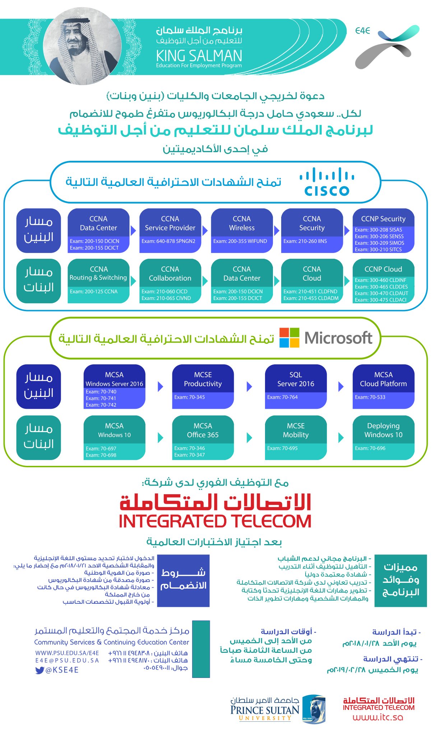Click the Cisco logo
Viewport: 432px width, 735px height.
coord(327,182)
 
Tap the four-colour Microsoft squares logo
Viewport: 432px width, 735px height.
coord(289,338)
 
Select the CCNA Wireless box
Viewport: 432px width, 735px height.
coord(242,230)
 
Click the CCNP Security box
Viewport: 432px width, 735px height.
coord(383,230)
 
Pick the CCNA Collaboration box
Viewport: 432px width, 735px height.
coord(170,280)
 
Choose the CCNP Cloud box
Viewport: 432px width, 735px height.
coord(383,280)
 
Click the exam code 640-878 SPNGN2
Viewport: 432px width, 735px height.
coord(168,241)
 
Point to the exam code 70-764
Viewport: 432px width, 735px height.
coord(282,397)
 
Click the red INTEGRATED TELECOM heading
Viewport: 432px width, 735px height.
coord(215,521)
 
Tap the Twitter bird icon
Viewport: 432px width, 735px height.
coord(40,670)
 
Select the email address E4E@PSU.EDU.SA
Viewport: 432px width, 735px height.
coord(67,660)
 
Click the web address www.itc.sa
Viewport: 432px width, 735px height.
coord(378,717)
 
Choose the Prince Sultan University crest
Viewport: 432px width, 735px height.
coord(314,709)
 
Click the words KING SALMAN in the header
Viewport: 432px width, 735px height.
coord(199,56)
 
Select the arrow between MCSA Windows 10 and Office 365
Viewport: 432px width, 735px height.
coord(161,437)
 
